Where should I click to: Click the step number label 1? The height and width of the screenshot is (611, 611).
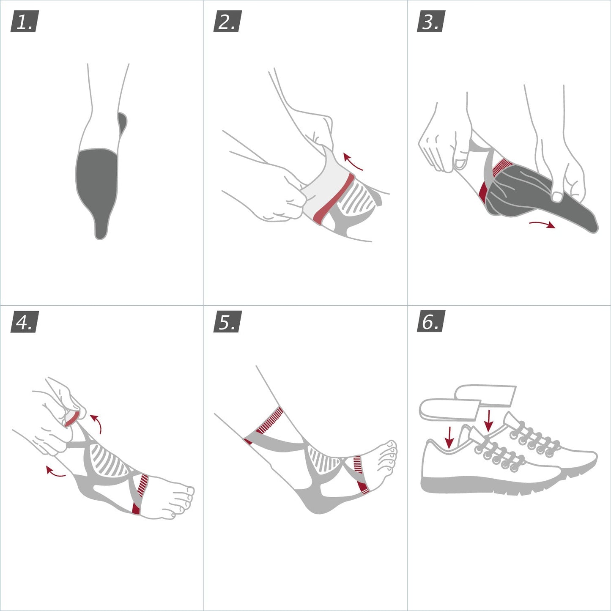click(x=24, y=22)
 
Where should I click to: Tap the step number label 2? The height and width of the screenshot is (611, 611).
click(x=227, y=22)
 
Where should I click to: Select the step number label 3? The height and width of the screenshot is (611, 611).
click(x=430, y=22)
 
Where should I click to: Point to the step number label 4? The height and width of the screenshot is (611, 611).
click(x=24, y=322)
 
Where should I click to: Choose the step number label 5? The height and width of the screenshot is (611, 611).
click(x=227, y=322)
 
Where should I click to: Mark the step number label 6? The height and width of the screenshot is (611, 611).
click(x=430, y=322)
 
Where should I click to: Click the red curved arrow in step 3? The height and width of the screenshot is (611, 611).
click(x=543, y=224)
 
